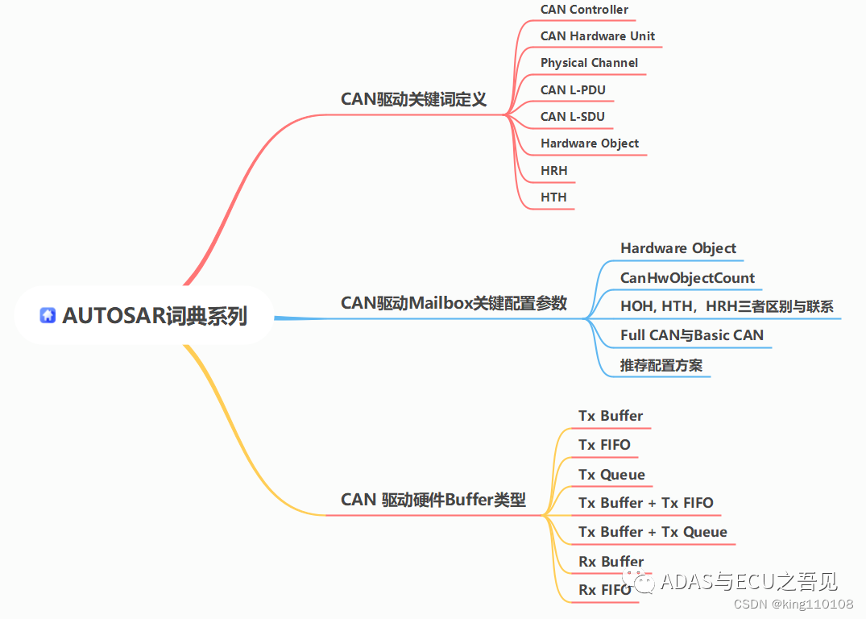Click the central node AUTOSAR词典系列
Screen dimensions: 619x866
(154, 316)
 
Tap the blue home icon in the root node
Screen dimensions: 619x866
(48, 316)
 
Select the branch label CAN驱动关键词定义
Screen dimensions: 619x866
(413, 99)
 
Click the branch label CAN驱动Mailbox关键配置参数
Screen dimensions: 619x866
(454, 303)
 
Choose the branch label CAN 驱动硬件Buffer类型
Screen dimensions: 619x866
(433, 500)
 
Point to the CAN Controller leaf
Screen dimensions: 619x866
(584, 10)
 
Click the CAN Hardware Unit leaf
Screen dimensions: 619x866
(597, 36)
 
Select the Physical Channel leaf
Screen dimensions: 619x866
(589, 63)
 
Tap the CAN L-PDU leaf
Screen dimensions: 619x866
(573, 89)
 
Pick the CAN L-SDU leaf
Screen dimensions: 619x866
(572, 116)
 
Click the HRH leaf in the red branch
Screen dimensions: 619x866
(554, 170)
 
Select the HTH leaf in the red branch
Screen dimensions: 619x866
(553, 197)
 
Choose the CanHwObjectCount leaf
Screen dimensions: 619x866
(687, 278)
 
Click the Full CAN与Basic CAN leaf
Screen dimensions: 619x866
(691, 334)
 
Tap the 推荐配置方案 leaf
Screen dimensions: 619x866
(661, 365)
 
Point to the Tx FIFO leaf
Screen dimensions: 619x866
(604, 445)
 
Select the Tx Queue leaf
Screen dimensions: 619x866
(611, 475)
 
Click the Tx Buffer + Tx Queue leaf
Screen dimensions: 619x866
(653, 532)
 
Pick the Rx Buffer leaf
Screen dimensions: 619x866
(611, 562)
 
